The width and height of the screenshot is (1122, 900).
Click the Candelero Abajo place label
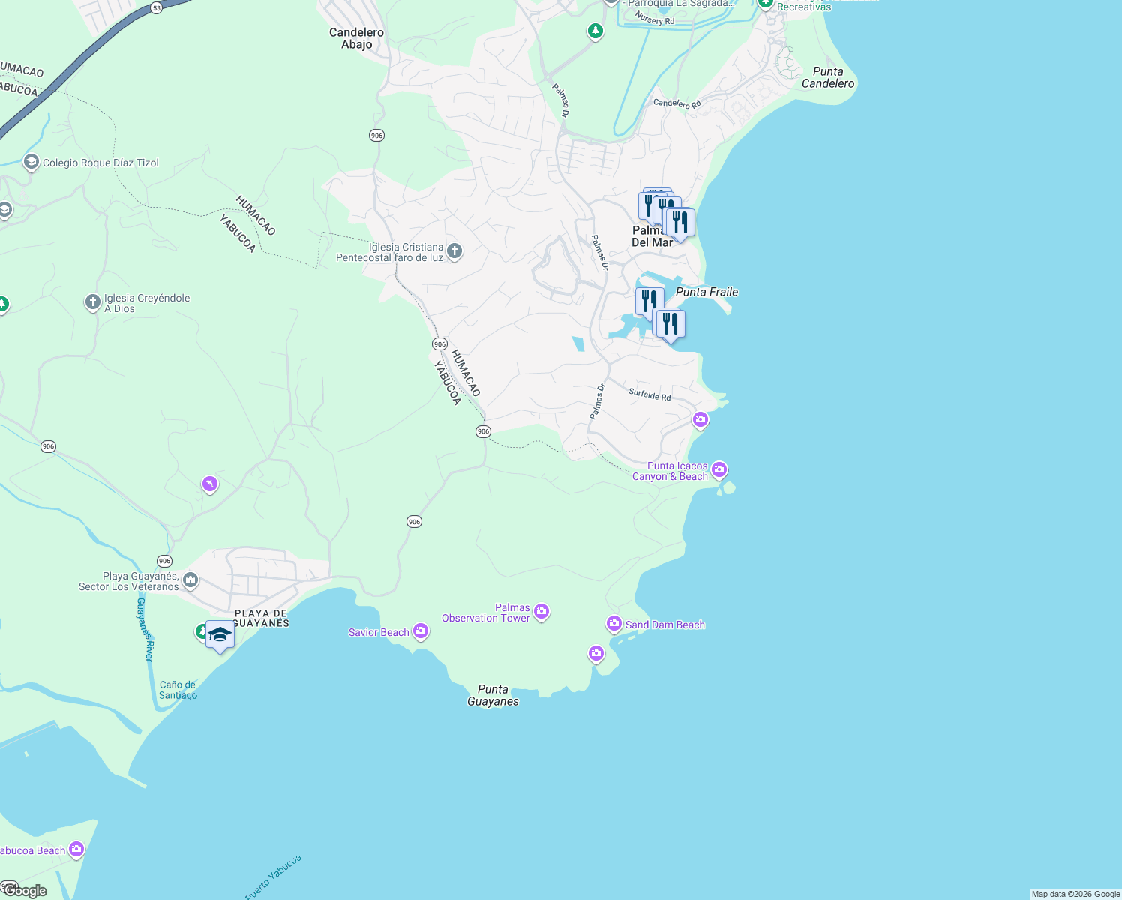[356, 38]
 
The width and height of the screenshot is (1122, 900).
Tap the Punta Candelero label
[827, 77]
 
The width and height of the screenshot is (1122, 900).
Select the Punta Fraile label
[706, 292]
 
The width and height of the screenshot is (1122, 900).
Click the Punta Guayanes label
[493, 695]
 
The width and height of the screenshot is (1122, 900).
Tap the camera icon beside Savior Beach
[421, 631]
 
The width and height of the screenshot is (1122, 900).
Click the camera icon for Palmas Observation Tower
[541, 612]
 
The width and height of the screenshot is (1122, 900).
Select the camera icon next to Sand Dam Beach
[613, 623]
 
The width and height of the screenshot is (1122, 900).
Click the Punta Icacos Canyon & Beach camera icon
[718, 469]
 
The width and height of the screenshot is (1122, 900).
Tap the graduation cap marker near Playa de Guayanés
[220, 636]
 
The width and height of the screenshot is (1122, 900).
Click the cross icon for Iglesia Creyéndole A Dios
[92, 302]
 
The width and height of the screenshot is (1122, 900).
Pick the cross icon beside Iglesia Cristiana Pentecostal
[454, 251]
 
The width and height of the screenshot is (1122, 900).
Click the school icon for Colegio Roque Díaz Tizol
[31, 162]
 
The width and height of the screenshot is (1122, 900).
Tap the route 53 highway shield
[156, 7]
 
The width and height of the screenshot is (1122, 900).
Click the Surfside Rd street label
[649, 394]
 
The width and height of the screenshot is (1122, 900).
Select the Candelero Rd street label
[676, 103]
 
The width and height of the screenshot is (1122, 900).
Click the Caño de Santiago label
[178, 690]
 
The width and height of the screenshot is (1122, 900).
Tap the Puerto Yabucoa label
[273, 876]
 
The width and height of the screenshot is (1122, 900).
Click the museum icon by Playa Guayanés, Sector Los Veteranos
[190, 580]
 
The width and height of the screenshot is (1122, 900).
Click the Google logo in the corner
[25, 891]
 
